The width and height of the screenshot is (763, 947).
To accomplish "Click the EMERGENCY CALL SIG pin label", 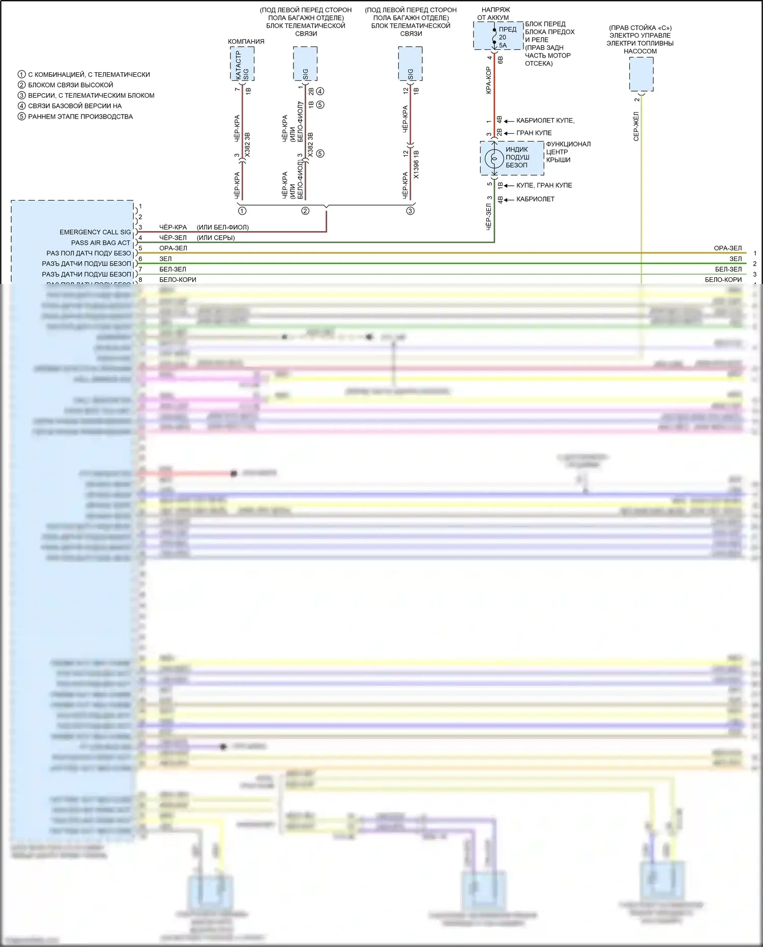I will [95, 232].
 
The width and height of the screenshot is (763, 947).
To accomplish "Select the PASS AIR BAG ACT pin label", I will [101, 243].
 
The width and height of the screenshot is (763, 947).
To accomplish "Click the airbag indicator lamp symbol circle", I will [493, 159].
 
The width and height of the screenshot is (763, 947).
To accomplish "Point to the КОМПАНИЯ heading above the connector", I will [246, 41].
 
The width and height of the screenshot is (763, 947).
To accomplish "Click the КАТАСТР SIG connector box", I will [242, 64].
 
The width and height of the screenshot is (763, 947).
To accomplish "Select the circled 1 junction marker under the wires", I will [242, 211].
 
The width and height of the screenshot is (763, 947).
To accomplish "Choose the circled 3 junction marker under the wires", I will [410, 211].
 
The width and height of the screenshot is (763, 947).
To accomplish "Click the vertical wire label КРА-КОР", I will [488, 80].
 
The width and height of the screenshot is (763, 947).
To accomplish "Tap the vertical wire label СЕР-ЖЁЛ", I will [636, 126].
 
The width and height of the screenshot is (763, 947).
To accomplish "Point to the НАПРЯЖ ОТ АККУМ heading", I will [495, 13].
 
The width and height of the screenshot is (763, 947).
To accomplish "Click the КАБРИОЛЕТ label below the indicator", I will [535, 199].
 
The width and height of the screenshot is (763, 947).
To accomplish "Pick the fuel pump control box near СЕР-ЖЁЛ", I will [641, 74].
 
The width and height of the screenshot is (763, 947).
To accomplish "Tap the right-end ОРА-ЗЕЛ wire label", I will [727, 248].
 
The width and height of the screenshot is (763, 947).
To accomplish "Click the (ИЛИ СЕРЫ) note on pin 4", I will [216, 238].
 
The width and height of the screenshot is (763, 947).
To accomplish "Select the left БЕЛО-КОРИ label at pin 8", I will [178, 279].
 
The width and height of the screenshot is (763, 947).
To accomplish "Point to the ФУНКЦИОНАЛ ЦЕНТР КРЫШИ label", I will [568, 152].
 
